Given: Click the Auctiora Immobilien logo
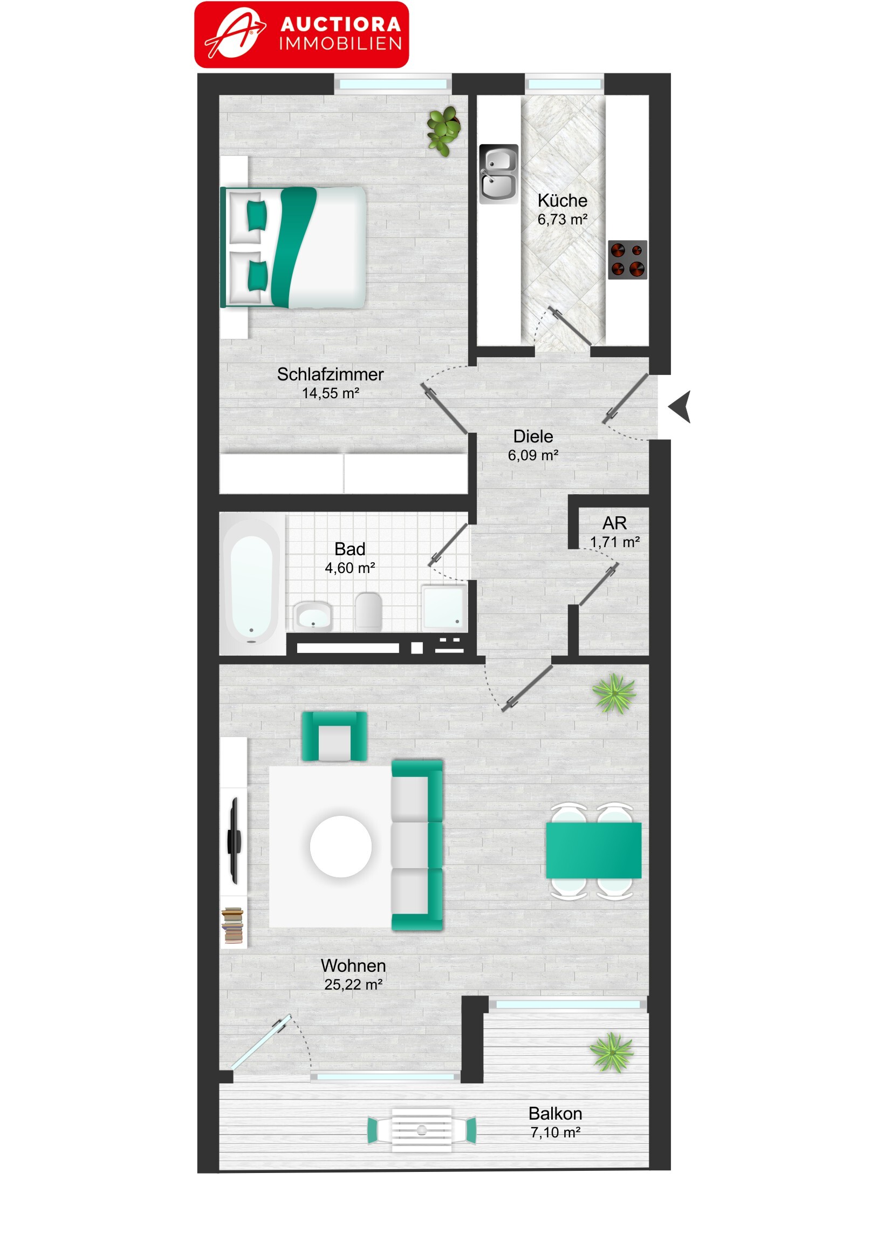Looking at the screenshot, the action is point(302,35).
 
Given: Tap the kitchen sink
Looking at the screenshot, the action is point(498,174).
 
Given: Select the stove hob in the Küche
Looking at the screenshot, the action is point(627,260).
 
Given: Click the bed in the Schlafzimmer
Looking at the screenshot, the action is point(293,248).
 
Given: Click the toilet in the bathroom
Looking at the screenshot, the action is point(368,611).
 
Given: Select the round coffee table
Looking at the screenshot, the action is point(341,847).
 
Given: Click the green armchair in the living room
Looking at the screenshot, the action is point(334,736).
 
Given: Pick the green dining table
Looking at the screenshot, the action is point(594,851).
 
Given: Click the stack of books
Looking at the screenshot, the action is point(233,925).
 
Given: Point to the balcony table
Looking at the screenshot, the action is point(421,1130).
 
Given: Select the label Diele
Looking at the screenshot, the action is point(533,436).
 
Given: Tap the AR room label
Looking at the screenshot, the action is point(614,523).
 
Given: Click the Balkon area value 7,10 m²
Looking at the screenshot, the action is point(556,1133).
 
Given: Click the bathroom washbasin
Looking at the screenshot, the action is point(313,616).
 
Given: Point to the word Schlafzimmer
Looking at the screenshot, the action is point(330,374).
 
